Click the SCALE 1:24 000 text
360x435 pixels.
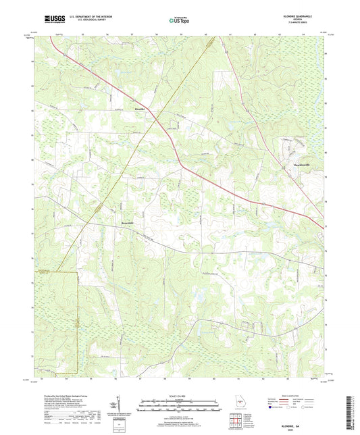(x=180, y=395)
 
